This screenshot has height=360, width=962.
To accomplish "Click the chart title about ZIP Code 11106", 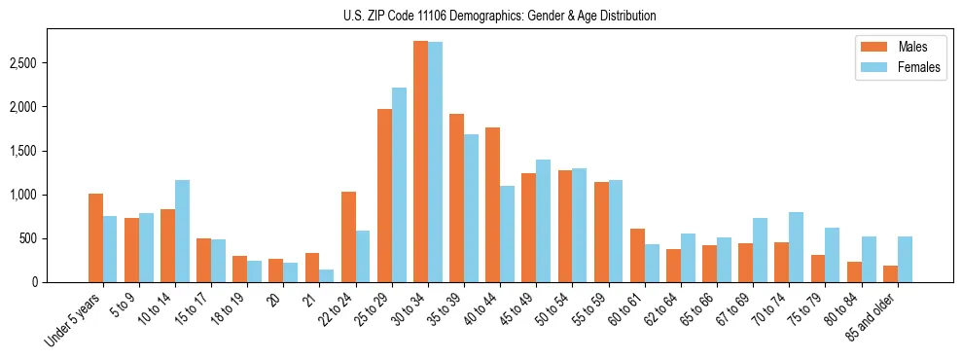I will tap(500, 16).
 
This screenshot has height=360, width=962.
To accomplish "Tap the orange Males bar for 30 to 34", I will tap(420, 162).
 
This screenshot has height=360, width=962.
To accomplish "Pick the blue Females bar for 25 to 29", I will tap(399, 185).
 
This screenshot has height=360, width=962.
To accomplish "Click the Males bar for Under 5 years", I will tap(95, 238).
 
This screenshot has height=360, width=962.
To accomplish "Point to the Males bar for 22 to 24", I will tap(348, 237).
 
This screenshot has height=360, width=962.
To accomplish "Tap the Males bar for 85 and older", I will tap(890, 274).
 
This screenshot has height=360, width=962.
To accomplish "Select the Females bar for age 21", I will tap(327, 276).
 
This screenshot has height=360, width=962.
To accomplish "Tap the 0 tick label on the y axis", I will tap(61, 282).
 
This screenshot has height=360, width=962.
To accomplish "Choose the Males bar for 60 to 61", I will tap(637, 256).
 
